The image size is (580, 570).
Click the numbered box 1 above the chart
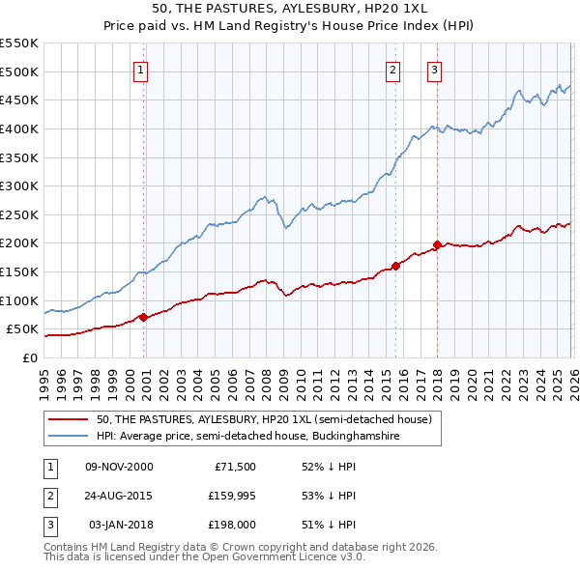tap(141, 70)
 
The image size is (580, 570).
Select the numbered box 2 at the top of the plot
tap(393, 70)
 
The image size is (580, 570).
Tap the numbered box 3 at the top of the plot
tap(435, 70)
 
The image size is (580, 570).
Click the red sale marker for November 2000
tap(144, 316)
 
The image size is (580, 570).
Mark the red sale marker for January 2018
tap(437, 244)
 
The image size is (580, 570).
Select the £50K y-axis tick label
tap(21, 329)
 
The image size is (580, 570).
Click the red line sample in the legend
tap(69, 419)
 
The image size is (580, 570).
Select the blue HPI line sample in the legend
tap(69, 437)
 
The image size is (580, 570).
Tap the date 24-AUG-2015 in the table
tap(119, 496)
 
